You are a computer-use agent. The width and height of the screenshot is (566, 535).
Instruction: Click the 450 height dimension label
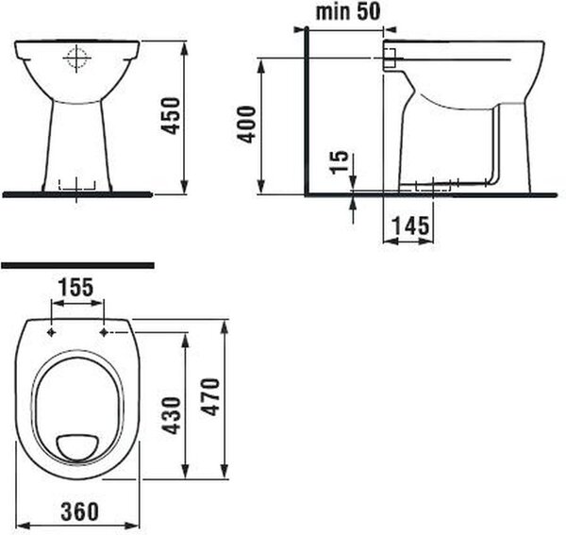point(170,115)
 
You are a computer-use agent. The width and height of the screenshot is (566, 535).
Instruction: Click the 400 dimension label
point(246,125)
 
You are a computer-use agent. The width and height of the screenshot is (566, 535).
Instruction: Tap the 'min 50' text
point(348,11)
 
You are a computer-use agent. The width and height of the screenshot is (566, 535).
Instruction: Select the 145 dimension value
point(410,226)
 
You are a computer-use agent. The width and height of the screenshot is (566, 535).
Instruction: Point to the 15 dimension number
point(340,162)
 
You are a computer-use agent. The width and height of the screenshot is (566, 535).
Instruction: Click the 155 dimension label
point(76,287)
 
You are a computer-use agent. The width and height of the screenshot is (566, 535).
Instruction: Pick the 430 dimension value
point(171,415)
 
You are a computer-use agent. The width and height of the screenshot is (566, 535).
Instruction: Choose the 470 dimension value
point(210,396)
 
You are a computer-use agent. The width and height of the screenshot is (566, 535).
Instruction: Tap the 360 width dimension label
point(79,511)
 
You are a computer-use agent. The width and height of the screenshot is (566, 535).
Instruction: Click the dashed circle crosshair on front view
point(76,59)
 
